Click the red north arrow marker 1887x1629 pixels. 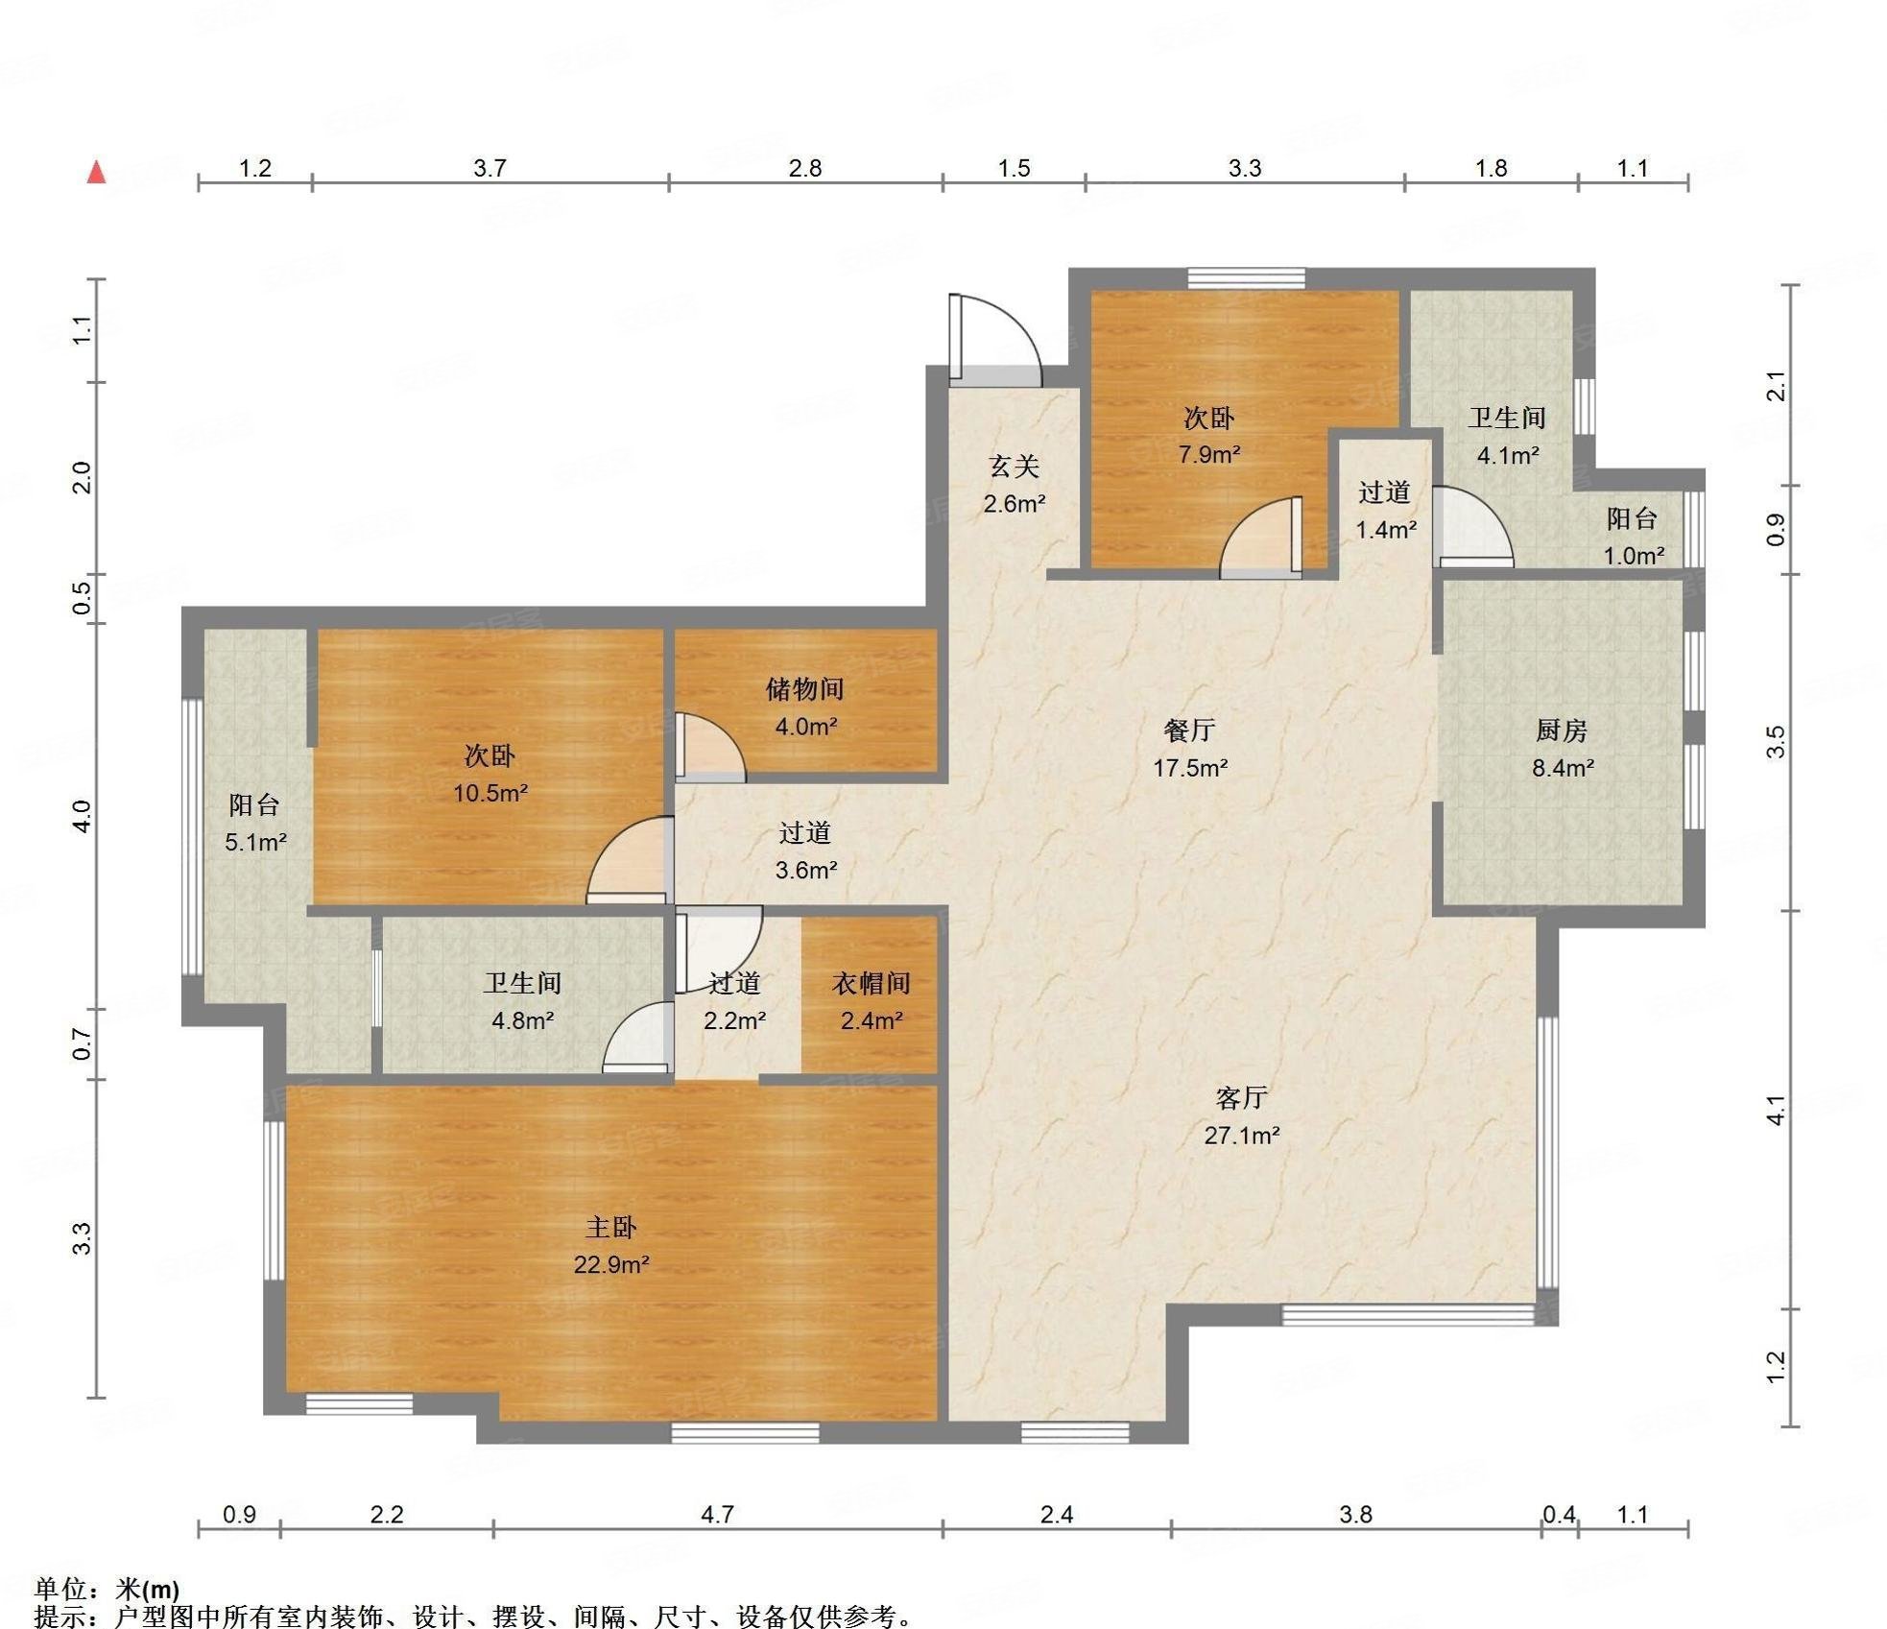pyautogui.click(x=96, y=172)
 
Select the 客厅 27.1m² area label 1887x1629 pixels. pyautogui.click(x=1242, y=1116)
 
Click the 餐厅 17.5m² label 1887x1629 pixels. pyautogui.click(x=1190, y=749)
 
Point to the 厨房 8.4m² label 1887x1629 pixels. pyautogui.click(x=1563, y=749)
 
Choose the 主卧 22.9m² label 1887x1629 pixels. pyautogui.click(x=611, y=1246)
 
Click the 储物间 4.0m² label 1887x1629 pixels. pyautogui.click(x=805, y=707)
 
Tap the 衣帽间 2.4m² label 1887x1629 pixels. pyautogui.click(x=871, y=1002)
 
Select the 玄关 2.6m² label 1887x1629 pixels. pyautogui.click(x=1014, y=485)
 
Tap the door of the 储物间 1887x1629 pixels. pyautogui.click(x=707, y=747)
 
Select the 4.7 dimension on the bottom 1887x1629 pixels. pyautogui.click(x=717, y=1515)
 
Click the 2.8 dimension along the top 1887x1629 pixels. pyautogui.click(x=805, y=168)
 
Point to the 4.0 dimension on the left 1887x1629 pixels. pyautogui.click(x=82, y=816)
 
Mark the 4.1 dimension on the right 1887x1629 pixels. pyautogui.click(x=1776, y=1110)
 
